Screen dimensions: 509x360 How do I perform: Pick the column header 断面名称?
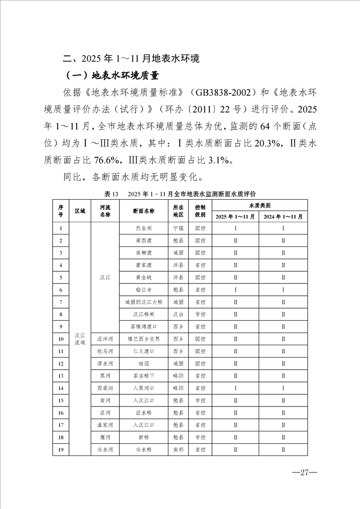coord(143,211)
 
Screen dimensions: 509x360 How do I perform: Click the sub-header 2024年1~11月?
coord(283,216)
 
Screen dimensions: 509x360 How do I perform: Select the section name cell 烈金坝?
coord(143,228)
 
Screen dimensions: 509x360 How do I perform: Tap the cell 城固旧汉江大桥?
coord(143,302)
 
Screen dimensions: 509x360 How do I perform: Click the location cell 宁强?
coord(178,228)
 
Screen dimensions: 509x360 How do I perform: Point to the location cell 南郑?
coord(178,450)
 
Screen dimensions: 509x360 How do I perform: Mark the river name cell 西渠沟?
coord(105,388)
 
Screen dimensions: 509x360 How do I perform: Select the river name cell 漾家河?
coord(105,425)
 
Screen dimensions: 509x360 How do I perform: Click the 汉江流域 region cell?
coord(80,339)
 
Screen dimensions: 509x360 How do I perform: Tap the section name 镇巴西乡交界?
coord(143,339)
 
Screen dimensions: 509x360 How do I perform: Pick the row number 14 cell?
coord(60,388)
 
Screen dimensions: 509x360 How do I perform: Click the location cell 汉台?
coord(178,314)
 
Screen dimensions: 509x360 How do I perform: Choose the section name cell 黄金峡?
coord(143,277)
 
